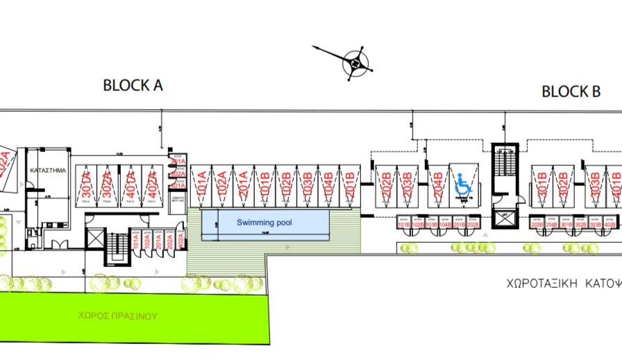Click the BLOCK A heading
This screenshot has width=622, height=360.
[x=133, y=85]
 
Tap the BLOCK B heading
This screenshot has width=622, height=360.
[x=571, y=92]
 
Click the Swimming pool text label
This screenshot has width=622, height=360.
[x=264, y=223]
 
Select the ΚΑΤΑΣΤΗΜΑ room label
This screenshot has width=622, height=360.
[x=44, y=169]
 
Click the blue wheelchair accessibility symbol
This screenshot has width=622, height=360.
[x=462, y=184]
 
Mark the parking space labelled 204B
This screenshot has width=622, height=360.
[x=437, y=186]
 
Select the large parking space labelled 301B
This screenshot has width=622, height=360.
[x=542, y=186]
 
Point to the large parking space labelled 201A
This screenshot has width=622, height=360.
[x=244, y=186]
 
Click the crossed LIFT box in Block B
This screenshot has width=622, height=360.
[x=504, y=219]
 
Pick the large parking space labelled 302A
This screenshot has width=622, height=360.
[x=107, y=186]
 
